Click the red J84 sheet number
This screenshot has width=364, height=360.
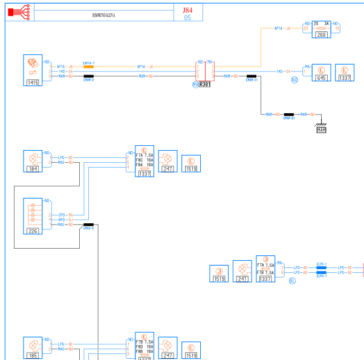[x=187, y=10]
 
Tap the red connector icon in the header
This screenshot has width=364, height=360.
[x=19, y=11]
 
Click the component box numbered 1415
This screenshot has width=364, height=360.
[x=33, y=70]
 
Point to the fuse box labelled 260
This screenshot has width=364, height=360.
[x=321, y=30]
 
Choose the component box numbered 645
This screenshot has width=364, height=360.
[x=322, y=73]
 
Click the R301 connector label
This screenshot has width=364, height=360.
[x=204, y=84]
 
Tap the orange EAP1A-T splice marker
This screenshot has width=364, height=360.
[x=88, y=67]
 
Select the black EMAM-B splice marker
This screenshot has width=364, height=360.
[x=88, y=76]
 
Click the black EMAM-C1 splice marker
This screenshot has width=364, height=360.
[x=252, y=76]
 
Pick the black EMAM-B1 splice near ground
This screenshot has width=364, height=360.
[x=288, y=114]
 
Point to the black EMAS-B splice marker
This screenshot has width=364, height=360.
[x=88, y=224]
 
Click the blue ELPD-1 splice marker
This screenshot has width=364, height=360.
[x=321, y=267]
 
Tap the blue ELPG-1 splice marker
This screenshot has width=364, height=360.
[x=321, y=273]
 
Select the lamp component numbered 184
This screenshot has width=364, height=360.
[x=33, y=161]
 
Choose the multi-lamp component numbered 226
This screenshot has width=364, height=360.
[x=33, y=216]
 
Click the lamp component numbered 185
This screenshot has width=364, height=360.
[x=33, y=347]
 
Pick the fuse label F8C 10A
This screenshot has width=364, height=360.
[x=144, y=160]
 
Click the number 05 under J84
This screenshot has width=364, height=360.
[x=187, y=18]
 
